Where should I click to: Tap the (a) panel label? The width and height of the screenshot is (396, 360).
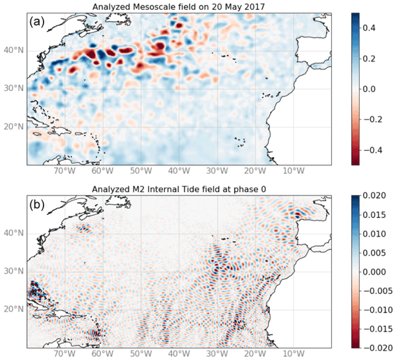pos(37,21)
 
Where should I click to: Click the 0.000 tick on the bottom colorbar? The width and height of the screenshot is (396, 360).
pos(375,271)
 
